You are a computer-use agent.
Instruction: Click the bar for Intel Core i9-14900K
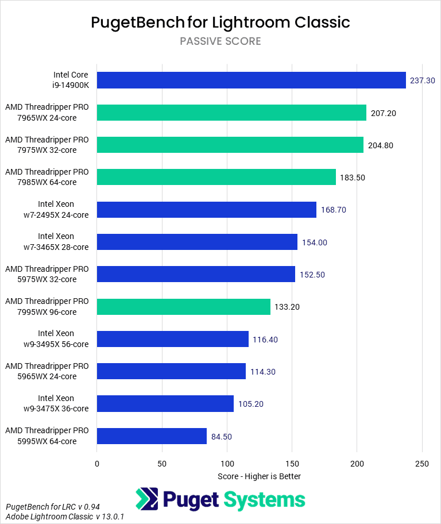[252, 80]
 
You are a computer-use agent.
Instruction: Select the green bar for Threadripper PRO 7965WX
[231, 113]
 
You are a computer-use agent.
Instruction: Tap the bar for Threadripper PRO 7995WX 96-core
[184, 307]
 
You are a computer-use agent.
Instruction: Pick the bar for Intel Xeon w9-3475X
[165, 404]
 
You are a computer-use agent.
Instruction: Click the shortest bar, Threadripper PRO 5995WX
[152, 436]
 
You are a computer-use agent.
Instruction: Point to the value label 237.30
[423, 80]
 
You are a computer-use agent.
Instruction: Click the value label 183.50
[352, 178]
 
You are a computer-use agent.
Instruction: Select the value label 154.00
[314, 242]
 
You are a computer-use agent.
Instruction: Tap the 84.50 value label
[222, 437]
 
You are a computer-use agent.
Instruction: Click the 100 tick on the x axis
[227, 464]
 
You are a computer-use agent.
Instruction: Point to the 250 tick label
[422, 464]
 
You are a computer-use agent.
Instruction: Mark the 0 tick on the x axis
[97, 464]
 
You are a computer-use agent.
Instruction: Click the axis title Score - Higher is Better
[260, 476]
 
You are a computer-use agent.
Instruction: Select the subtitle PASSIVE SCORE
[220, 41]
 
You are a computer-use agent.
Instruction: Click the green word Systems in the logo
[265, 499]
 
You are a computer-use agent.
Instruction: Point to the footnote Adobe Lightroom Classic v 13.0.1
[65, 517]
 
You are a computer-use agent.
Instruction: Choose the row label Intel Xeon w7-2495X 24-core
[56, 210]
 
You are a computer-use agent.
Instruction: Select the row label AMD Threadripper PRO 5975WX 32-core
[47, 274]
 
